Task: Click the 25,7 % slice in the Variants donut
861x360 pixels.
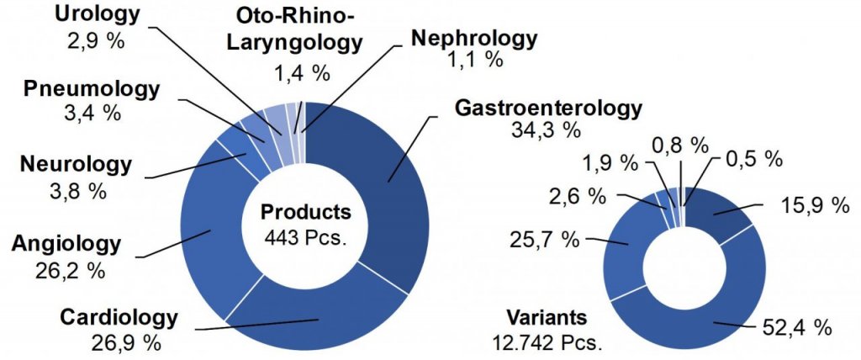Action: (622, 252)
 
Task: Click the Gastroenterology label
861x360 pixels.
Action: (547, 109)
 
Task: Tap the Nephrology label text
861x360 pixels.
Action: (473, 38)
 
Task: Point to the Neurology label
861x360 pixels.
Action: (77, 164)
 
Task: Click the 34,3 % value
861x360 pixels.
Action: (547, 130)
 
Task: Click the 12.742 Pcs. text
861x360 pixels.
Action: (547, 342)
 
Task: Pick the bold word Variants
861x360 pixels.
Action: (546, 320)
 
